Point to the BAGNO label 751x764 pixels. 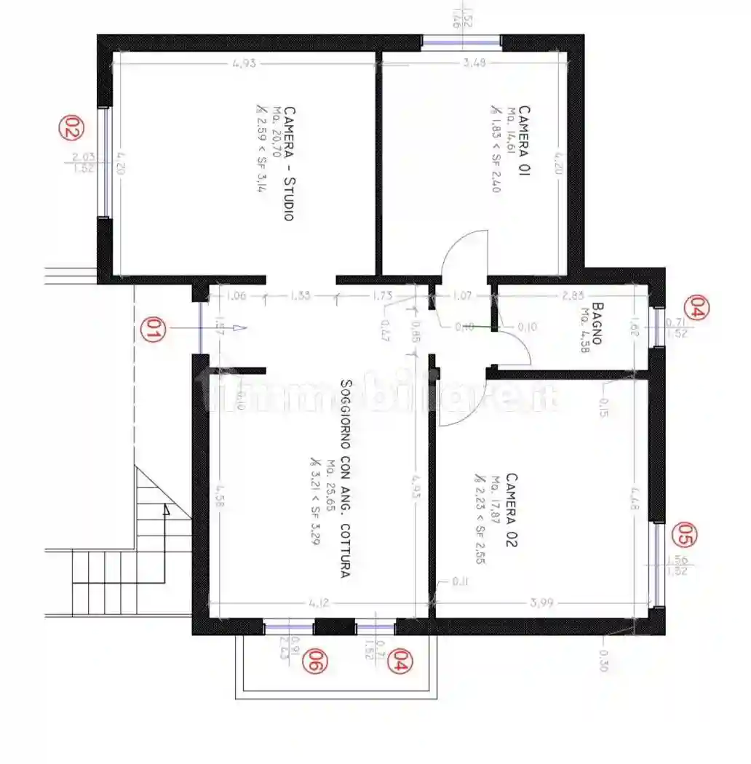click(598, 325)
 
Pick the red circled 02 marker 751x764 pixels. click(71, 129)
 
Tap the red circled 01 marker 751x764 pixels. click(152, 329)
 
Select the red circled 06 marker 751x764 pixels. click(315, 661)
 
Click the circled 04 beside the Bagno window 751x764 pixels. click(697, 309)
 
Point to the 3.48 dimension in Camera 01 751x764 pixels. click(474, 63)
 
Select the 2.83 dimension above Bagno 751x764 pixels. click(573, 295)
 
